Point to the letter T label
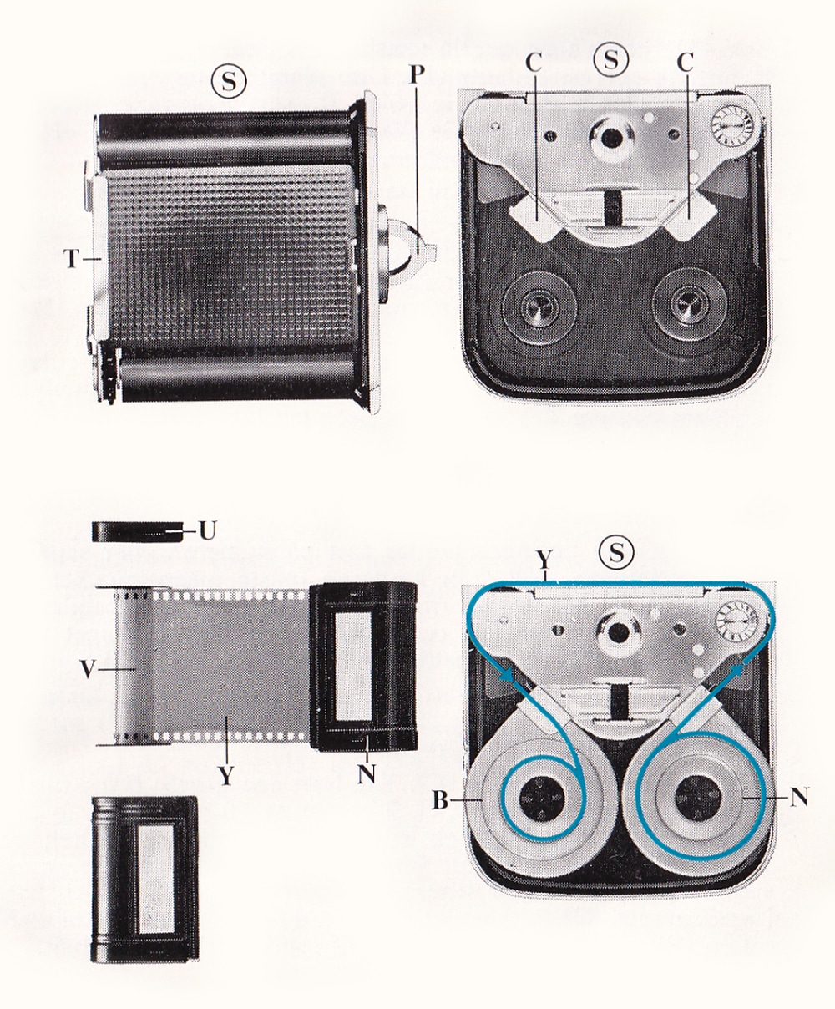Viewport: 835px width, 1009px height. (x=72, y=260)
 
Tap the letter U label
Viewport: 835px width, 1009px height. (x=206, y=530)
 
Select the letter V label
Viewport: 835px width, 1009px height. (x=88, y=670)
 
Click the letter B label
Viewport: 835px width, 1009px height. (x=440, y=801)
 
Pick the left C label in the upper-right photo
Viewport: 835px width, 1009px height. (x=534, y=63)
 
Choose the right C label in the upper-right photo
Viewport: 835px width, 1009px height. (x=686, y=63)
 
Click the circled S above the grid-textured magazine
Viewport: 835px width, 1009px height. (x=229, y=83)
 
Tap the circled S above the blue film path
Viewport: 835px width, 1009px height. (x=616, y=553)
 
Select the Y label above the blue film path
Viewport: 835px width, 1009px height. (x=545, y=560)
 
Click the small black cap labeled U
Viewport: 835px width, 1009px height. (x=138, y=531)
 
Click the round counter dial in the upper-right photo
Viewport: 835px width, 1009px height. (x=732, y=127)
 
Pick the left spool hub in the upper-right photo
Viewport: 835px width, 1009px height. (x=539, y=308)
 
